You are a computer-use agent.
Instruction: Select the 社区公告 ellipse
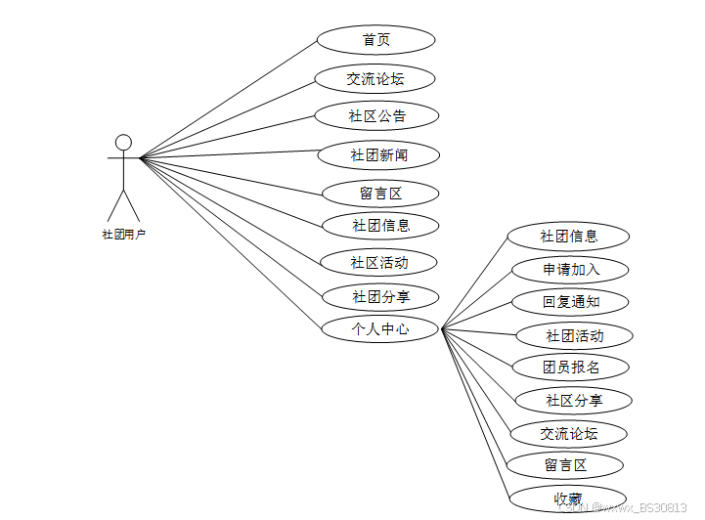376,116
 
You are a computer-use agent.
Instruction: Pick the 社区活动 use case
378,262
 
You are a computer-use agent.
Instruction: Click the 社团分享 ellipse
380,296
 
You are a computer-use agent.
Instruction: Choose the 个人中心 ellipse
379,329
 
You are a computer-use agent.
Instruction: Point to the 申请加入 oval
570,270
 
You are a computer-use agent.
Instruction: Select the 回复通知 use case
570,302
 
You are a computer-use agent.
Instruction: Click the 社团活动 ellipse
574,336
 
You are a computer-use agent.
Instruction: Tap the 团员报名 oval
570,368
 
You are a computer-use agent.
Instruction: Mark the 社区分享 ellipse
574,400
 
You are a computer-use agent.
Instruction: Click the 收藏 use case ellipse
568,498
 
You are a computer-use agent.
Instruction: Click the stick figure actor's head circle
123,143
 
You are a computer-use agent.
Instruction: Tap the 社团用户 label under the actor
123,235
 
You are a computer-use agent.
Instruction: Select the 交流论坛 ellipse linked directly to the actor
375,78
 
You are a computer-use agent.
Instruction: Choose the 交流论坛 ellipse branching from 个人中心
568,433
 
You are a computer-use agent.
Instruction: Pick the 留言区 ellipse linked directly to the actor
378,194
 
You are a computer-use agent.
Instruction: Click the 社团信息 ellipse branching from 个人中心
568,236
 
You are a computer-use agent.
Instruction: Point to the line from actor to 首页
230,99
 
